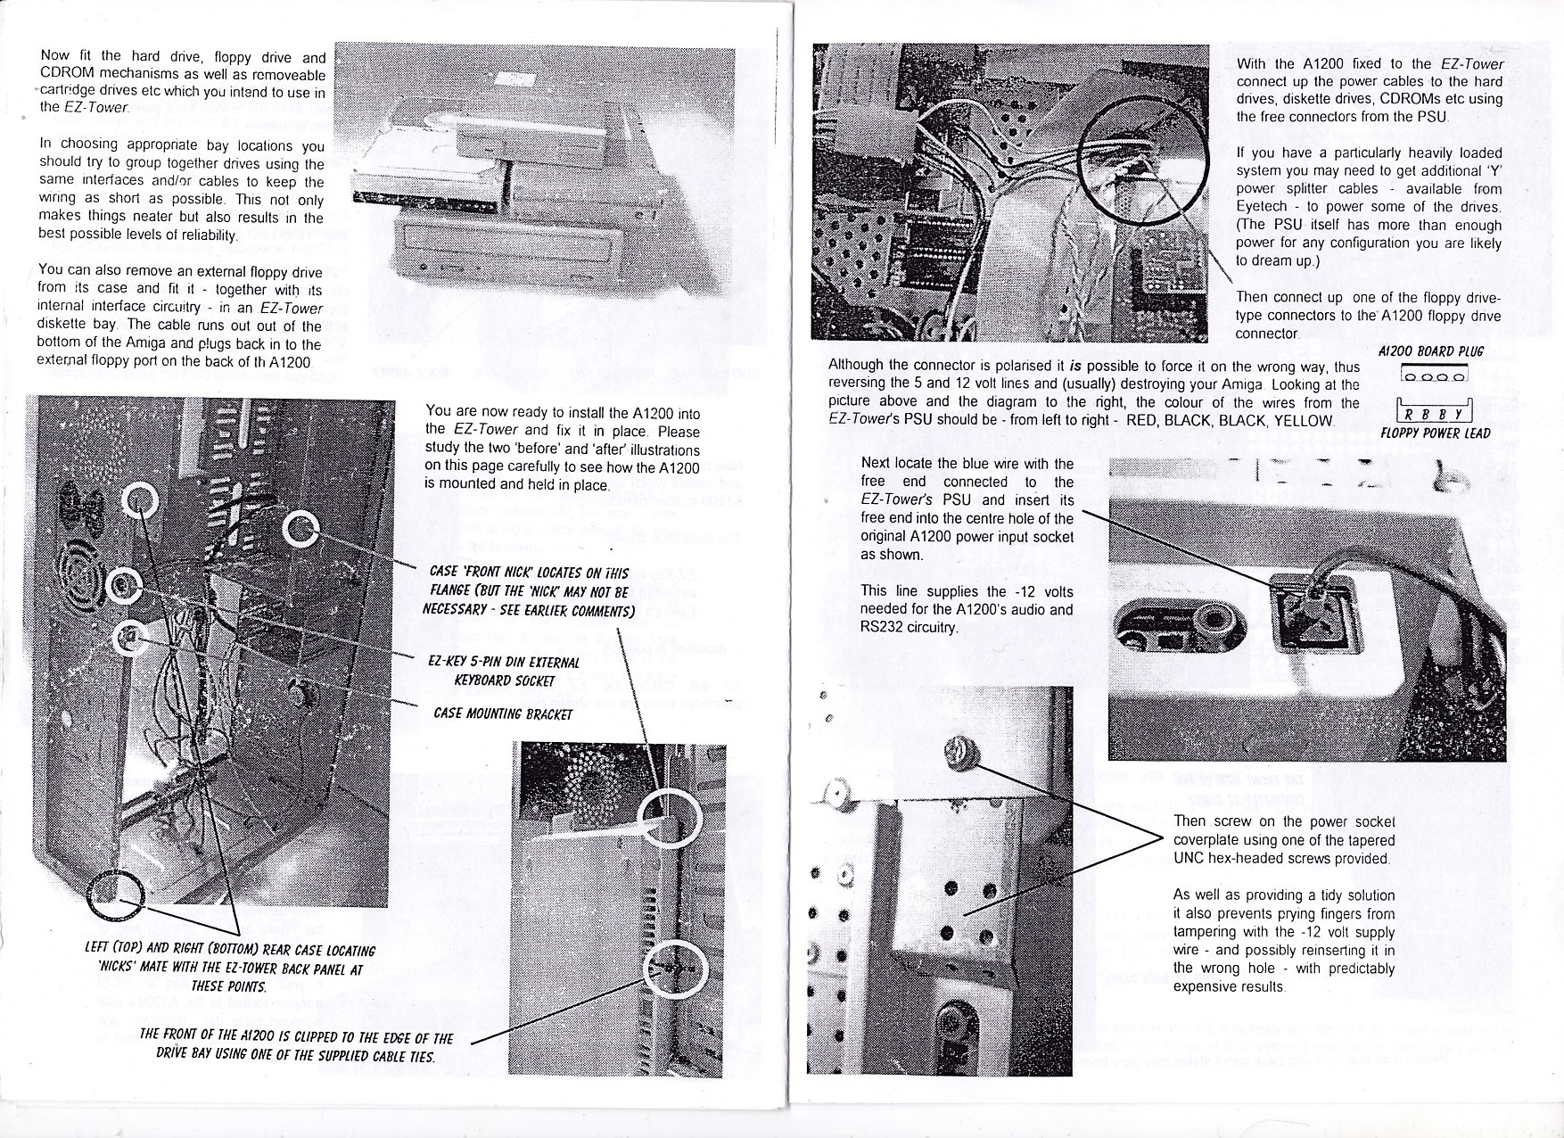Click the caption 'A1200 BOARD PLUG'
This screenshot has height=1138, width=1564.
tap(1430, 351)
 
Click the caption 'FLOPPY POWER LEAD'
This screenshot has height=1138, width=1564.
tap(1435, 433)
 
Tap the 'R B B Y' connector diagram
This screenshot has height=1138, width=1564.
tap(1433, 414)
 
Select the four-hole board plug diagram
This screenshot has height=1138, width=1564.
tap(1433, 375)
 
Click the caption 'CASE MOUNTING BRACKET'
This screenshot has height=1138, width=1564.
tap(502, 713)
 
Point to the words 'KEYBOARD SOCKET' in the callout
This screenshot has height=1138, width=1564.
tap(505, 680)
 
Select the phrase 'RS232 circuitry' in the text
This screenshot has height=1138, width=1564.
tap(909, 627)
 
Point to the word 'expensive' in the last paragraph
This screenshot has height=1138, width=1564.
tap(1206, 986)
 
